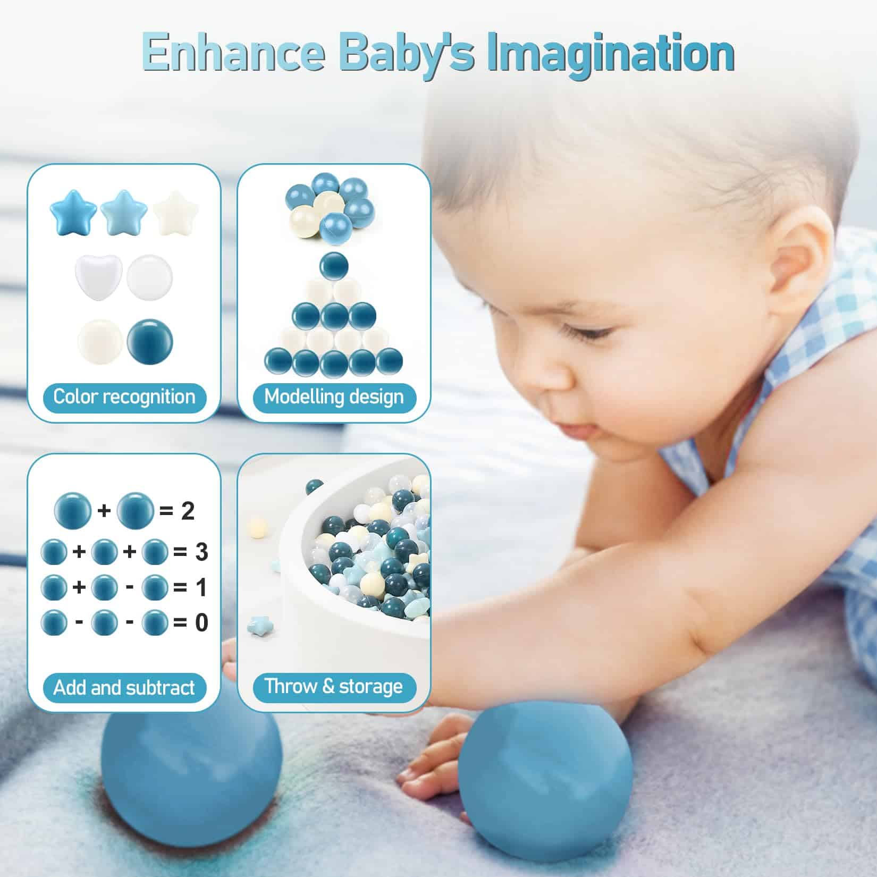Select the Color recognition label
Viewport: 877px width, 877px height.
pyautogui.click(x=124, y=397)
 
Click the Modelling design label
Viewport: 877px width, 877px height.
pyautogui.click(x=334, y=397)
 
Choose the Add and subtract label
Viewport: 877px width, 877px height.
pyautogui.click(x=124, y=688)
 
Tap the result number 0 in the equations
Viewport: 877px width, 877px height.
pyautogui.click(x=201, y=622)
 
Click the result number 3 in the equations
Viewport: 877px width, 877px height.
pyautogui.click(x=201, y=552)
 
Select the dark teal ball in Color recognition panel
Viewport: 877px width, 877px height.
pyautogui.click(x=150, y=341)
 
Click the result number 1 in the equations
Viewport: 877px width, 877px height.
pyautogui.click(x=201, y=587)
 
